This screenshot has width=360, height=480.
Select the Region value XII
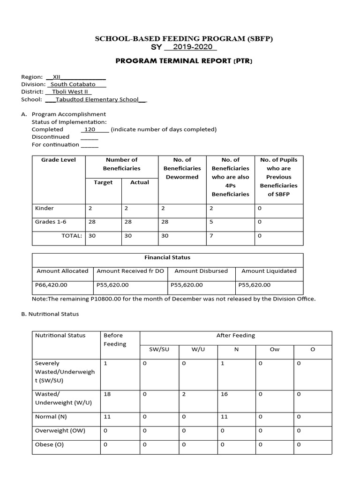click(57, 76)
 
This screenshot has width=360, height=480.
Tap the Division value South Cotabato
click(73, 84)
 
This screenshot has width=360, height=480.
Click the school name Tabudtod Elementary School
click(97, 99)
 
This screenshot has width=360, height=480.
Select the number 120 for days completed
click(90, 129)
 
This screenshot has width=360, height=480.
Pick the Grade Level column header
click(58, 160)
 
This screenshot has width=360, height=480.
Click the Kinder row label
click(45, 208)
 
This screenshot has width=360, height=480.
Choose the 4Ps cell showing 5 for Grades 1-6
click(211, 222)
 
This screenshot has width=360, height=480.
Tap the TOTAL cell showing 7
click(211, 236)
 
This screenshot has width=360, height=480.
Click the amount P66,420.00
click(52, 285)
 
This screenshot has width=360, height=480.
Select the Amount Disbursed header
click(201, 271)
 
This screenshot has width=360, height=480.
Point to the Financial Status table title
click(167, 257)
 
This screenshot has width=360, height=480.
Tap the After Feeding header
click(235, 336)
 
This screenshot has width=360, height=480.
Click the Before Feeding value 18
click(107, 394)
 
